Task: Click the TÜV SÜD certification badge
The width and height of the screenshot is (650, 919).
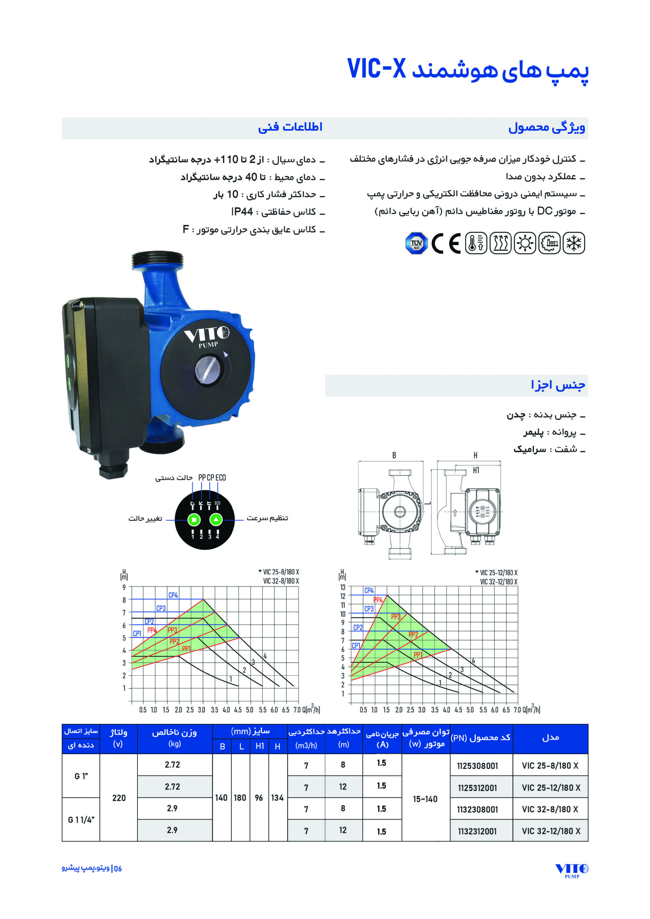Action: tap(416, 243)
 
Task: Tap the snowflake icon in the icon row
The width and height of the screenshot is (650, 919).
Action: tap(574, 243)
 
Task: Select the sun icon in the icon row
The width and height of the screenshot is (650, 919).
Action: tap(525, 243)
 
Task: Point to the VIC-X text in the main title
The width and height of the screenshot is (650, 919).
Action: tap(376, 69)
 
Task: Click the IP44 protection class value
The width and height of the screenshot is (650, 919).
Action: tap(242, 212)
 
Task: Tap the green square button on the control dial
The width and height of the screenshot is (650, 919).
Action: tap(194, 520)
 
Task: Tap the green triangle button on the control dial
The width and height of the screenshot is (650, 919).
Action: tap(216, 520)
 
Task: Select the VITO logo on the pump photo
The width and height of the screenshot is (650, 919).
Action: tap(206, 335)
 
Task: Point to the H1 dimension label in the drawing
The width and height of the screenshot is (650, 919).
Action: tap(476, 470)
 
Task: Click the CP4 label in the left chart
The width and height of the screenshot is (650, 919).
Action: tap(173, 595)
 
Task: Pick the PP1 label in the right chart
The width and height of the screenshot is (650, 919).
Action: tap(418, 655)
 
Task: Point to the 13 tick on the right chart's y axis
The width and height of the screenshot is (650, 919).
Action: tap(343, 587)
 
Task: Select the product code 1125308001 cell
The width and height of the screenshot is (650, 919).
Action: tap(477, 766)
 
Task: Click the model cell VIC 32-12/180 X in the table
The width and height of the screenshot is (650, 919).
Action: tap(551, 831)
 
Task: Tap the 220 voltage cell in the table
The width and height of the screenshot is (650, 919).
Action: tap(119, 798)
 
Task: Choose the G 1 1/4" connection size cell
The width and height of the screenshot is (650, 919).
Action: tap(81, 820)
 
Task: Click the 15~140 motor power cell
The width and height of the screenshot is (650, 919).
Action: tap(425, 799)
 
